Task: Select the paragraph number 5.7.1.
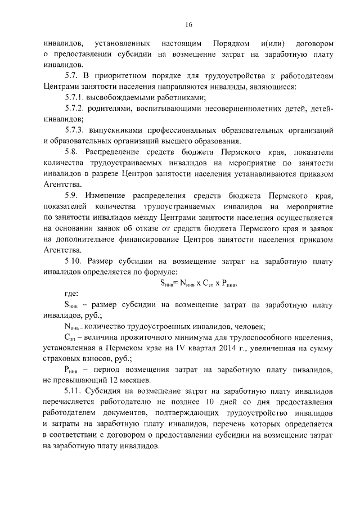[x=76, y=97]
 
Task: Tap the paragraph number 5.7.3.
[x=76, y=130]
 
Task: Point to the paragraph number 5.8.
[x=73, y=152]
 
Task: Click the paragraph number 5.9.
[x=73, y=195]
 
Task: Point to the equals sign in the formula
[x=177, y=282]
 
